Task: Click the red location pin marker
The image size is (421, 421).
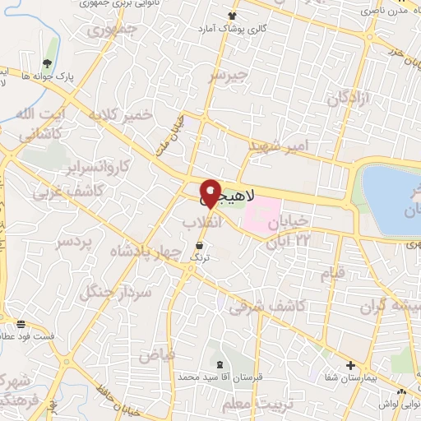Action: point(210,192)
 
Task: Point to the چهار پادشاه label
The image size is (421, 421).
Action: point(156,252)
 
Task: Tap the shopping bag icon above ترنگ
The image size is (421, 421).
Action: point(201,244)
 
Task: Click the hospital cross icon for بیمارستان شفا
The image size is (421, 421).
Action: point(351,365)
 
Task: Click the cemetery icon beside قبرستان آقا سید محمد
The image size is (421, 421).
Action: point(219,363)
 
